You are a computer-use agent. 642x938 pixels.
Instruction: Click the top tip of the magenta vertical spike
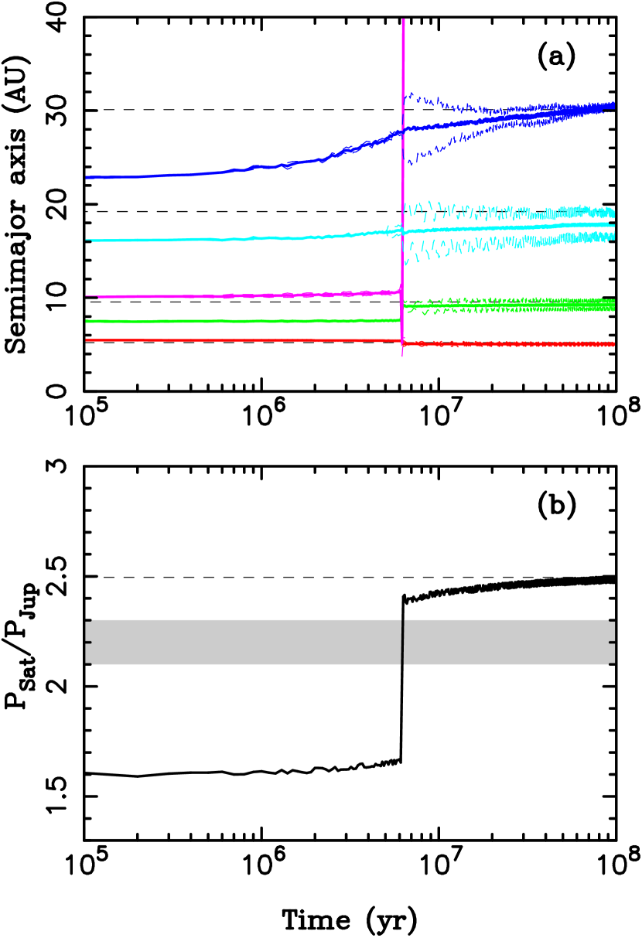tap(403, 20)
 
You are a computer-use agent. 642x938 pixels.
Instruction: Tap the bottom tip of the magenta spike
tap(402, 355)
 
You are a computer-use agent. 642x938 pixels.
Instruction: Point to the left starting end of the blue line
tap(87, 177)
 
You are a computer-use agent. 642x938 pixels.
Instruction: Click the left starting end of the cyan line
tap(87, 240)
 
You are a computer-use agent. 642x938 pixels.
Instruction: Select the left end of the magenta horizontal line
tap(87, 295)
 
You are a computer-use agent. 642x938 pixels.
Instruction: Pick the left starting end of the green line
tap(87, 321)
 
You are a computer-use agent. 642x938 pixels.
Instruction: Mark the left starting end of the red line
tap(87, 340)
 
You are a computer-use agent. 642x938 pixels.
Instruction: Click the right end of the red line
tap(613, 344)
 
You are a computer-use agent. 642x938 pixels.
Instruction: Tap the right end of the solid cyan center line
tap(613, 225)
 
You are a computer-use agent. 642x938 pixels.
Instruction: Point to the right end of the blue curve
tap(613, 105)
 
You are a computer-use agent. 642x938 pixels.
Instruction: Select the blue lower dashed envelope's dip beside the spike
tap(411, 163)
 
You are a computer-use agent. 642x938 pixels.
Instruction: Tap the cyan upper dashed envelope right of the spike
tap(418, 206)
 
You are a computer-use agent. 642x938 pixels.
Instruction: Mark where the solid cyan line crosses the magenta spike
tap(403, 231)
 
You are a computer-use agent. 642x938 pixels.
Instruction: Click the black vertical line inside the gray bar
tap(402, 642)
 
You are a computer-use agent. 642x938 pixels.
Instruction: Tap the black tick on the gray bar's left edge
tap(88, 642)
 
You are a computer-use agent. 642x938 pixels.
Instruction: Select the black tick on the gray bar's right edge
tap(611, 642)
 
